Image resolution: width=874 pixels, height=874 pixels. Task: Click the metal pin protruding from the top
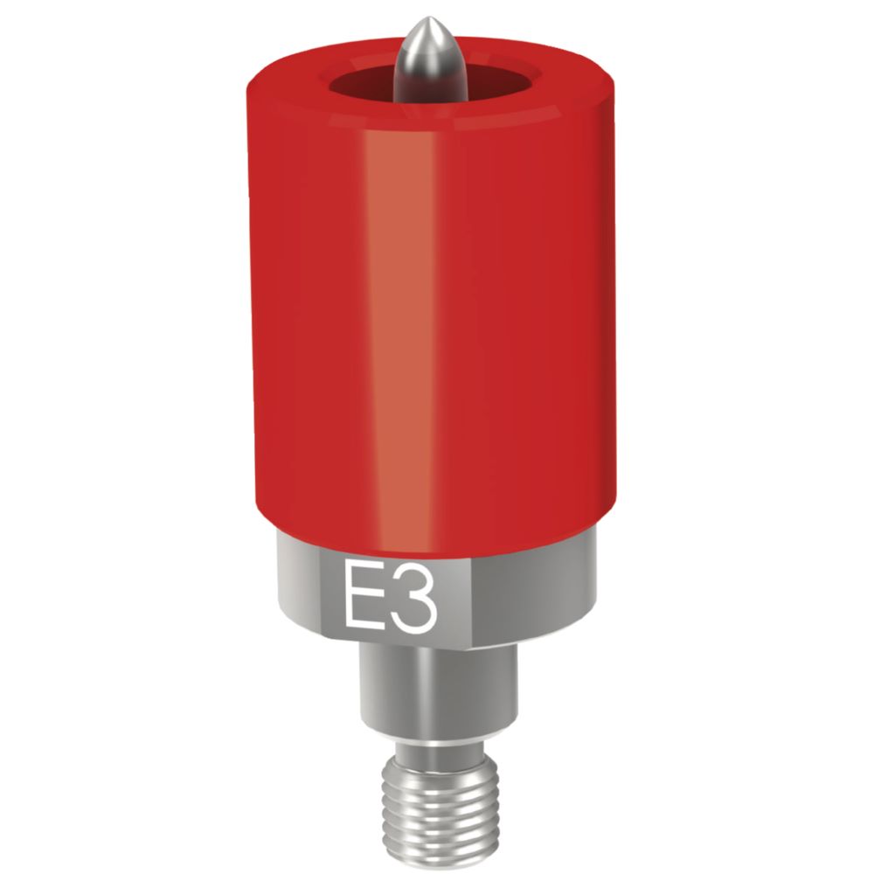pyautogui.click(x=430, y=66)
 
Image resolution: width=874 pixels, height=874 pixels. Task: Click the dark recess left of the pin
pyautogui.click(x=363, y=87)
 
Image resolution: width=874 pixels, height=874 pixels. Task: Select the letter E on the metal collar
pyautogui.click(x=360, y=597)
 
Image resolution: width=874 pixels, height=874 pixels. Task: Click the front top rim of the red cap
pyautogui.click(x=428, y=122)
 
